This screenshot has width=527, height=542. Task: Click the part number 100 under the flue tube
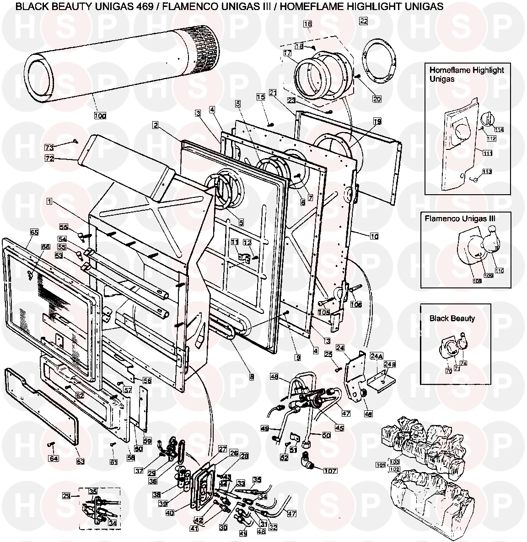100,116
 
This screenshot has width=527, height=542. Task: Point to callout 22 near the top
364,21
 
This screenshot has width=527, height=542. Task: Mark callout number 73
49,147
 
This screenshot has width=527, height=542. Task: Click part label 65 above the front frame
34,232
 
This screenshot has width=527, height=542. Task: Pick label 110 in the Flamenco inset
499,271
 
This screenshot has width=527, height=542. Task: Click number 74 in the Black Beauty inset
464,363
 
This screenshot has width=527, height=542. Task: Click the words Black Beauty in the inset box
452,319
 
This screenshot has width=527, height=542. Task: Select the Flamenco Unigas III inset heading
459,218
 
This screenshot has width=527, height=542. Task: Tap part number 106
356,304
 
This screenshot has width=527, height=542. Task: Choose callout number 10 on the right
375,236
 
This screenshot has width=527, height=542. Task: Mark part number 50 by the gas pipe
326,436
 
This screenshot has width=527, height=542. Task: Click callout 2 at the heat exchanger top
156,125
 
